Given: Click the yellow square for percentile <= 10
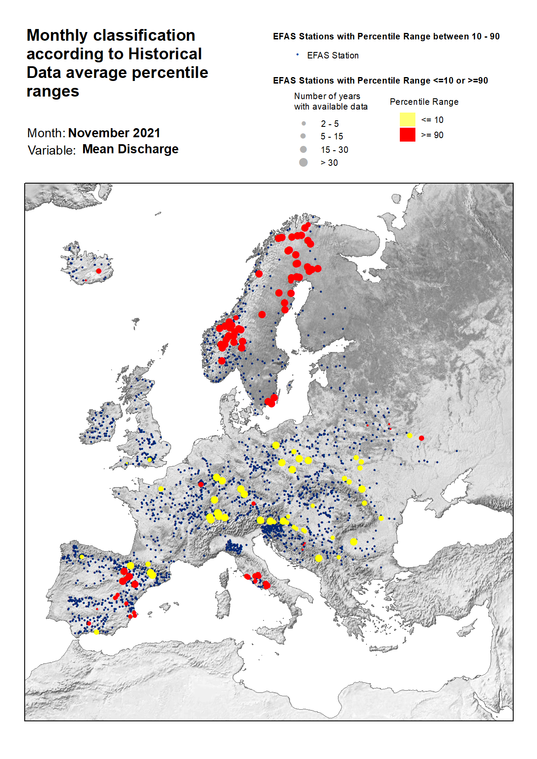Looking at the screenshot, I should point(407,120).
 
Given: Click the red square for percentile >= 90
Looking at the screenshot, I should point(407,135).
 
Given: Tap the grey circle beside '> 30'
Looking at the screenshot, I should point(303,162).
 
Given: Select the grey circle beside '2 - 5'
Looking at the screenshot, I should point(304,123).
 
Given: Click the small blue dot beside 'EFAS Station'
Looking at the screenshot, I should point(297,55).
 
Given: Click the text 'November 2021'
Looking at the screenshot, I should point(114,133).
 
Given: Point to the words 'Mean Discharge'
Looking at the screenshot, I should point(130,149).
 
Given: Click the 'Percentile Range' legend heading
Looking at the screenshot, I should point(424,102).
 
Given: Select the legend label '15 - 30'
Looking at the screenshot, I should point(334,150).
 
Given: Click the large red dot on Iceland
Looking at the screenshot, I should point(99,271).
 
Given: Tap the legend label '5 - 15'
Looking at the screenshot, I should point(331,136).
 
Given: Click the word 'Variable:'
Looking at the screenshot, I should point(51,150).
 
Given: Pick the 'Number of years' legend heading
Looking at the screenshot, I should point(327,96).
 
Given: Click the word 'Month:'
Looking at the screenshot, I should point(46,133).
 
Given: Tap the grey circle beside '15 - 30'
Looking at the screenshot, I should point(303,149).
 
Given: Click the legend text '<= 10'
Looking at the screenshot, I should point(432,120).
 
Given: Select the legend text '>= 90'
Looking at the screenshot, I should point(432,135).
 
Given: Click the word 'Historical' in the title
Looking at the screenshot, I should point(165,54).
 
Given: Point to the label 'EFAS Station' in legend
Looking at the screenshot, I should point(332,55).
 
